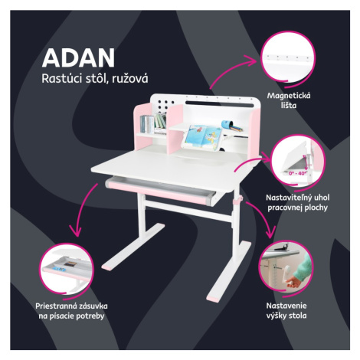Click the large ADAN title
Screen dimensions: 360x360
point(78,58)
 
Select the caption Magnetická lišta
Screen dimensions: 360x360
point(289,100)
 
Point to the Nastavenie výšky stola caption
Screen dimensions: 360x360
point(286,310)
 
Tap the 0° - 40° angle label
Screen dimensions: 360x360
point(297,173)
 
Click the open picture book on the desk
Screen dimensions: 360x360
point(201,138)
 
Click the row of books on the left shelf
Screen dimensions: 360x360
point(153,124)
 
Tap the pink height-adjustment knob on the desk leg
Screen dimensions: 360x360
point(238,200)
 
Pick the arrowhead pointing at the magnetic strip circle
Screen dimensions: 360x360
point(251,61)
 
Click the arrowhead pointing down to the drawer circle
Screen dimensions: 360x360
point(76,231)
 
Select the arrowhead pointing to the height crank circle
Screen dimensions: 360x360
point(271,233)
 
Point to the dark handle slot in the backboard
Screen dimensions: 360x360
point(220,104)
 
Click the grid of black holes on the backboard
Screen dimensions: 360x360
point(162,106)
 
